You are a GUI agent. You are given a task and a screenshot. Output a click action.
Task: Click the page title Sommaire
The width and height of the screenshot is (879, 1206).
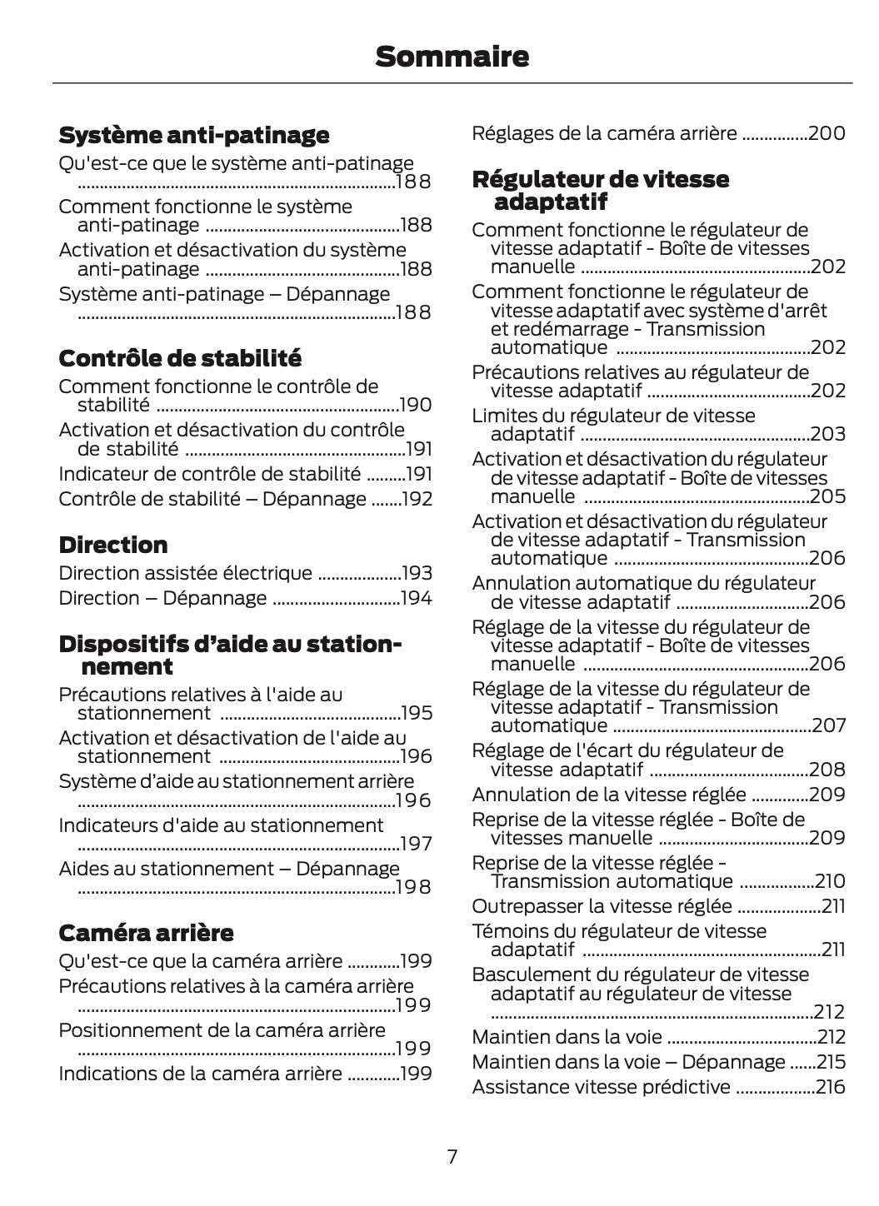[x=452, y=57]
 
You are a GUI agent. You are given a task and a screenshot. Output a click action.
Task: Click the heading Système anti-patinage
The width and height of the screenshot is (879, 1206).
[x=193, y=135]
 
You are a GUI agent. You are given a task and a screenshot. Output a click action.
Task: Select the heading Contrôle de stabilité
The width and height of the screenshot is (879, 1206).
[x=180, y=358]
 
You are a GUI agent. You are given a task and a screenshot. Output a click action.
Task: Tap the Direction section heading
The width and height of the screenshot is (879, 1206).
[x=113, y=545]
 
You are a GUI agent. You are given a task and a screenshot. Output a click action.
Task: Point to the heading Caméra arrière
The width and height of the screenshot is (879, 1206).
[x=146, y=932]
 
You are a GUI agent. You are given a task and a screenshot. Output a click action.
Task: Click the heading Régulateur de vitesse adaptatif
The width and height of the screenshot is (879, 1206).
[x=600, y=190]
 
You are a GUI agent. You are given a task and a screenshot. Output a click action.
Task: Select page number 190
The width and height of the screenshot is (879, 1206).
[x=416, y=406]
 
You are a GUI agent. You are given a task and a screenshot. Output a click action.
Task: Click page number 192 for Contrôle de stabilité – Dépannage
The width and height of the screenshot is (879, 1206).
[x=417, y=499]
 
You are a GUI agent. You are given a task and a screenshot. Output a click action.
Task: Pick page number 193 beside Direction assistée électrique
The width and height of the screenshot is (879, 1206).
[x=417, y=573]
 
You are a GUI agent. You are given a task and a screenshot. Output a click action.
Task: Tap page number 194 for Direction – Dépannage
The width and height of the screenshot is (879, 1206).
[x=417, y=598]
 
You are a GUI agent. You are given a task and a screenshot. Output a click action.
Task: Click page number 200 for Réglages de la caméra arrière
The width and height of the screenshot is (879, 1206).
[x=827, y=133]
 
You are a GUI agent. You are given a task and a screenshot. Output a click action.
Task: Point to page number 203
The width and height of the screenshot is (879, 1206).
[x=827, y=434]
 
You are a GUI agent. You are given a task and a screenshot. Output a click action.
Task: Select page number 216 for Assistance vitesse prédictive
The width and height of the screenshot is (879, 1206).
[x=830, y=1087]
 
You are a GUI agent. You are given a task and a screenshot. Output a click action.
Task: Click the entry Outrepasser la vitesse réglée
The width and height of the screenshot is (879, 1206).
[x=602, y=906]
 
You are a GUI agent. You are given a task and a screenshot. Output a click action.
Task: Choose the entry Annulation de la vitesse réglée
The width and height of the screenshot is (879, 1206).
[x=608, y=795]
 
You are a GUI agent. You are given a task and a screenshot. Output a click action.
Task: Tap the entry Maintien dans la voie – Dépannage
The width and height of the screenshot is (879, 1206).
[x=628, y=1062]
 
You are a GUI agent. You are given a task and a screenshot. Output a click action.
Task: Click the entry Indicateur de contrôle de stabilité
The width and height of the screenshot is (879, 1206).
[x=209, y=474]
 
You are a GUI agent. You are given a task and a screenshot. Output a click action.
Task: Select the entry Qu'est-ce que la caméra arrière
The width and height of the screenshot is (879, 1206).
[x=200, y=961]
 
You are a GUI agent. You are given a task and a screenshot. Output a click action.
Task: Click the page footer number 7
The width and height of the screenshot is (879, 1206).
[x=452, y=1156]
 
